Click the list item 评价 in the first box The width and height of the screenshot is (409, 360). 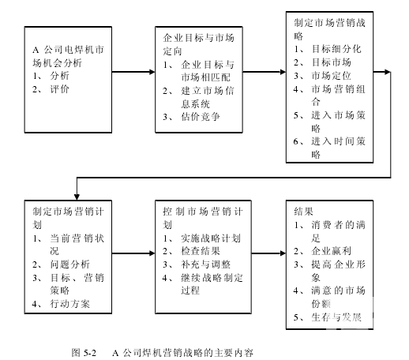(60, 89)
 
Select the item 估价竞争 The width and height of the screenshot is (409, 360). (201, 117)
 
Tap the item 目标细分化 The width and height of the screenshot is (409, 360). (336, 49)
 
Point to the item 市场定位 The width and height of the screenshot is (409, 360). (332, 76)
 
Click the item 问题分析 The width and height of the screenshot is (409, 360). (70, 264)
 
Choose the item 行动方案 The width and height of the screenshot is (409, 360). (70, 304)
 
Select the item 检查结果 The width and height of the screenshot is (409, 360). (201, 251)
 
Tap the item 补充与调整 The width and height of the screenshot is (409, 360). (205, 264)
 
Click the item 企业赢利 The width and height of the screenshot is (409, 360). (332, 251)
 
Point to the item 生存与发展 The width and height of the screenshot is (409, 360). (336, 317)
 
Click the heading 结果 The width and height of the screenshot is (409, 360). (304, 212)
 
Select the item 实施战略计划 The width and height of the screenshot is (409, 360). (211, 238)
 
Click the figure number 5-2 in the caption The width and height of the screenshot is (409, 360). (90, 353)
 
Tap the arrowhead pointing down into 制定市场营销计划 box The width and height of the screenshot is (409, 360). (77, 197)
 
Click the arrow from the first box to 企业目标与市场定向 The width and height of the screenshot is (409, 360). (133, 72)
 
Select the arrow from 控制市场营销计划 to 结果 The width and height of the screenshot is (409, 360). (268, 253)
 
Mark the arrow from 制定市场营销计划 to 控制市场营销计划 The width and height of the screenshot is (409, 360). (133, 253)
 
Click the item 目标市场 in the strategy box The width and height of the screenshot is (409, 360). (332, 62)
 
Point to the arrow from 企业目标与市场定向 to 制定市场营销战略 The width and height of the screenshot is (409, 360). (265, 72)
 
